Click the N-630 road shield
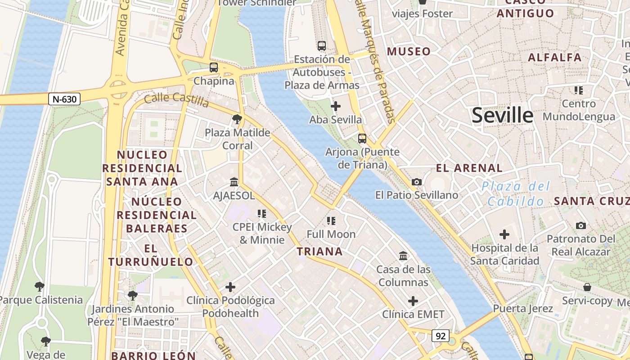point(64,99)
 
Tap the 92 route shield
point(441,335)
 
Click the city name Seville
point(502,116)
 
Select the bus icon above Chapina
point(214,67)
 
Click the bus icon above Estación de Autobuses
point(321,45)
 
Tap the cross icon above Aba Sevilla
point(336,106)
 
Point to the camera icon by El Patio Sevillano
point(417,182)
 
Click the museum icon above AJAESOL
point(234,182)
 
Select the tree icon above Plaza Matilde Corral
point(237,119)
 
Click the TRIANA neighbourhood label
point(320,252)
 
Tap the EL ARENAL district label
point(469,168)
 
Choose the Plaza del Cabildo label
point(516,193)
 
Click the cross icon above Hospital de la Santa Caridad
point(504,234)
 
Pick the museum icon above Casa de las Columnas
point(403,256)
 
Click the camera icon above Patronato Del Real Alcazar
point(581,225)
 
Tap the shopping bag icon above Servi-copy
point(587,287)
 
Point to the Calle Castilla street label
point(177,100)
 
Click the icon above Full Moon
point(331,221)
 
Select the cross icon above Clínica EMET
point(413,301)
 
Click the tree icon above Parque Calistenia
point(40,287)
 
